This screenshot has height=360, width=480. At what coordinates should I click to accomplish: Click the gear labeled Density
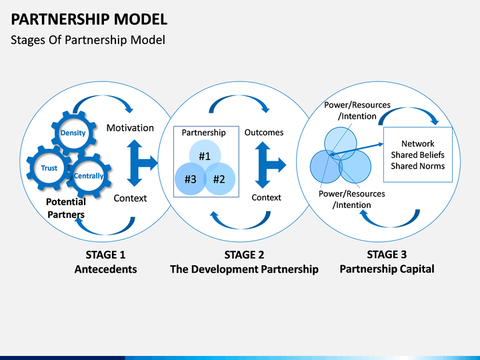coord(73,133)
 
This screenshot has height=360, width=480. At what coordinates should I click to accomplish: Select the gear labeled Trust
coord(49,168)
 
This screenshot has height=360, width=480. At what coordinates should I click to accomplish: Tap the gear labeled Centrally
coord(89,176)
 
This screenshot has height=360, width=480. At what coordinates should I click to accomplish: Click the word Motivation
coord(130,127)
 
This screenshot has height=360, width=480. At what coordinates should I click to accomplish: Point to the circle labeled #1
coord(205,155)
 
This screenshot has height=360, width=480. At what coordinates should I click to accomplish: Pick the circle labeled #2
coord(219,179)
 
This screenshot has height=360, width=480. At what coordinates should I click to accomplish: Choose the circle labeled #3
coord(191,179)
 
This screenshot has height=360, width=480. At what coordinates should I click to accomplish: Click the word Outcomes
coord(264,132)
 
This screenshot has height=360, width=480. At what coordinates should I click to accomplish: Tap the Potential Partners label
coord(66,208)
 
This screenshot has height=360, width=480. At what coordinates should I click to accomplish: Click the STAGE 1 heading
coord(105,255)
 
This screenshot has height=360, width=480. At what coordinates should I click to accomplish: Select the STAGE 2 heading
coord(244,255)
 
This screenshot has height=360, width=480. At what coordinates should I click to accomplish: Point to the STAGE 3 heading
coord(387,255)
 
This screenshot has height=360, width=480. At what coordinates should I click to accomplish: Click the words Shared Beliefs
coord(418,155)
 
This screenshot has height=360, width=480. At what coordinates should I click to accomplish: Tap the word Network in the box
coord(418,143)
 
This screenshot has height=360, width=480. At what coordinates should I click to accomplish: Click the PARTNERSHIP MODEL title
coord(89,19)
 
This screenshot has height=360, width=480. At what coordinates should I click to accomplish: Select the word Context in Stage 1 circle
coord(130,198)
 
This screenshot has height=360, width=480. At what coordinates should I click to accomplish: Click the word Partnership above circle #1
coord(203,133)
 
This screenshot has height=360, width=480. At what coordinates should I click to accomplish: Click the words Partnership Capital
coord(387,269)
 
